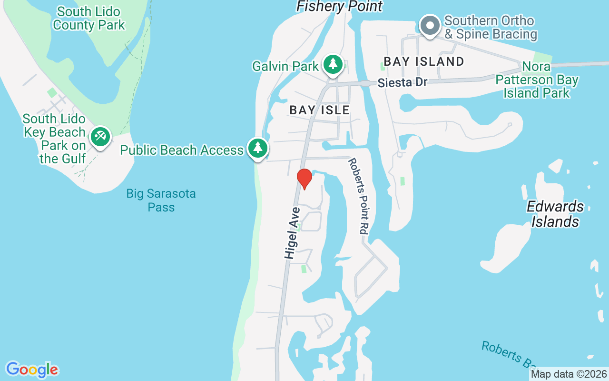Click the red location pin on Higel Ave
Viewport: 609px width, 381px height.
pyautogui.click(x=304, y=179)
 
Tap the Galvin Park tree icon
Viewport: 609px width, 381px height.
pyautogui.click(x=333, y=64)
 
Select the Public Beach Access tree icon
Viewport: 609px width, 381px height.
pyautogui.click(x=258, y=148)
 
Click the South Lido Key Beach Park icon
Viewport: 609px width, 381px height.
pyautogui.click(x=100, y=137)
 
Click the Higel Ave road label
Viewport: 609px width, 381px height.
pyautogui.click(x=292, y=233)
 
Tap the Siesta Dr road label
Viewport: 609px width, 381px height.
pyautogui.click(x=403, y=82)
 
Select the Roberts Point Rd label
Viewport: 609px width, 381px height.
pyautogui.click(x=358, y=195)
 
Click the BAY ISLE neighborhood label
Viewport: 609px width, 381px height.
pyautogui.click(x=320, y=110)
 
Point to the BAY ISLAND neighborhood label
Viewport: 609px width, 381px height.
pyautogui.click(x=424, y=61)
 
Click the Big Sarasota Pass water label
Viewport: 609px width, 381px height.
pyautogui.click(x=161, y=201)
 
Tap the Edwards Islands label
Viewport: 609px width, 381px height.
pyautogui.click(x=555, y=214)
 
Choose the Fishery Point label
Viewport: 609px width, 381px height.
pyautogui.click(x=339, y=6)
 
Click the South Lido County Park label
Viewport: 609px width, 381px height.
pyautogui.click(x=88, y=18)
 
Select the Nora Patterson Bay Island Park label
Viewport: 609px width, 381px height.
pyautogui.click(x=537, y=80)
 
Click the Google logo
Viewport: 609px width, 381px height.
pyautogui.click(x=32, y=370)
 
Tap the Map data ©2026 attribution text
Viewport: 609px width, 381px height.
pyautogui.click(x=569, y=374)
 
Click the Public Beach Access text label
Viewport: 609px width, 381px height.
pyautogui.click(x=182, y=150)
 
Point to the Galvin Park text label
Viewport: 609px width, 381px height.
pyautogui.click(x=285, y=66)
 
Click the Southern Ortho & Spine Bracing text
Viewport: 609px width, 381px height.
pyautogui.click(x=491, y=28)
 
